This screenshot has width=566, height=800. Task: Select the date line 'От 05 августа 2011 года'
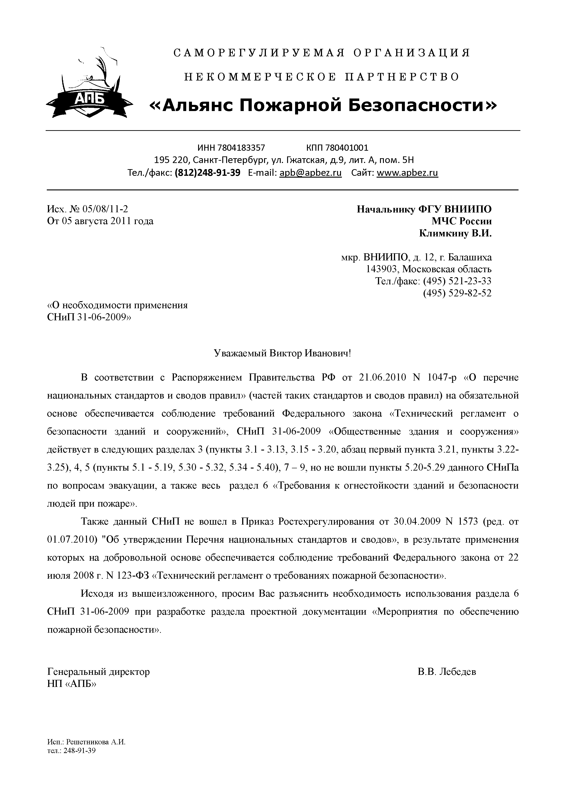[100, 221]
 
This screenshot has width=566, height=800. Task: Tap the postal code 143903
[381, 269]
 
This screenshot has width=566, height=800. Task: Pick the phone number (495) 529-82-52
[457, 293]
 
